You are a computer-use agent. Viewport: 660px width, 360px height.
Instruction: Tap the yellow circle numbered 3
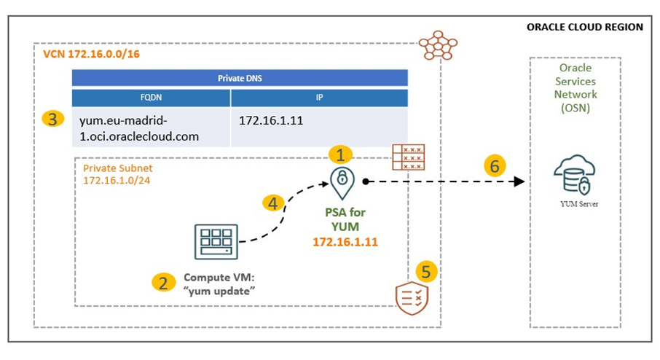51,119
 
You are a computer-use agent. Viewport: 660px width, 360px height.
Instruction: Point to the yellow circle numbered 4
272,203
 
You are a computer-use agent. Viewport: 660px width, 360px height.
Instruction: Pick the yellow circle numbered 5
426,272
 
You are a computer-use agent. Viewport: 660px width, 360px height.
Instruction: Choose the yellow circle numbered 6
495,166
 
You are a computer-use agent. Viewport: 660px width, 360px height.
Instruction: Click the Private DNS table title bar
239,79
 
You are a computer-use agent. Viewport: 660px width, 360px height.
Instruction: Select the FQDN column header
152,98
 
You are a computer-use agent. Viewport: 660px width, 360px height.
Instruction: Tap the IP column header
319,98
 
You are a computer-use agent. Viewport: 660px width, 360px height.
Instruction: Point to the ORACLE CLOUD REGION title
584,27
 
